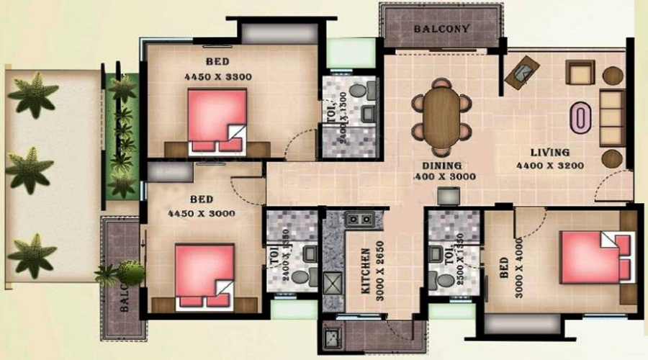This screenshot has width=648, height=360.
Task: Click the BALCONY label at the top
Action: (443, 30)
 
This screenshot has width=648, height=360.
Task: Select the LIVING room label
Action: (550, 153)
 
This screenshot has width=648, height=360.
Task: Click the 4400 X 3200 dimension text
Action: (549, 166)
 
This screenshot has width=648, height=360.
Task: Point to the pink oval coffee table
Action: (579, 118)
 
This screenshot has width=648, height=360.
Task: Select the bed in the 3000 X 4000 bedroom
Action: (596, 257)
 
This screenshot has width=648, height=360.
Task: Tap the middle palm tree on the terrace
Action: (30, 169)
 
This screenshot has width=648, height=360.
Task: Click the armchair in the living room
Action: (579, 73)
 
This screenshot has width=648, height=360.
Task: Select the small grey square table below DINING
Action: (449, 196)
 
